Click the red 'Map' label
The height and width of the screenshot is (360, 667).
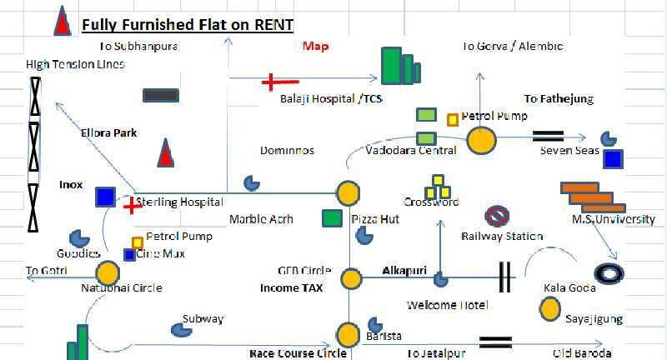pyautogui.click(x=315, y=47)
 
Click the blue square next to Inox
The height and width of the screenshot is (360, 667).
pyautogui.click(x=105, y=197)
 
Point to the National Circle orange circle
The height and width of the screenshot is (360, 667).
pyautogui.click(x=107, y=272)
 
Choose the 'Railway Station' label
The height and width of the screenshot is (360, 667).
pyautogui.click(x=502, y=236)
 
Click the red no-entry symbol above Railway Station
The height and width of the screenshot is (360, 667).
pyautogui.click(x=497, y=216)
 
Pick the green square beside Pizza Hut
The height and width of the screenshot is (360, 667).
pyautogui.click(x=332, y=219)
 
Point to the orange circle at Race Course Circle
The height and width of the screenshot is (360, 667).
pyautogui.click(x=348, y=335)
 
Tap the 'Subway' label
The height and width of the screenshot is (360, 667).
pyautogui.click(x=203, y=318)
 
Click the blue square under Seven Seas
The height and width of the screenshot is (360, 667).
pyautogui.click(x=613, y=158)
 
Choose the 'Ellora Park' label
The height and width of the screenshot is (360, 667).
pyautogui.click(x=109, y=132)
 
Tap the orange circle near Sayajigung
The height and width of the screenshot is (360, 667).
pyautogui.click(x=549, y=309)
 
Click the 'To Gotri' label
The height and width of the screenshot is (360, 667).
pyautogui.click(x=47, y=271)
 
